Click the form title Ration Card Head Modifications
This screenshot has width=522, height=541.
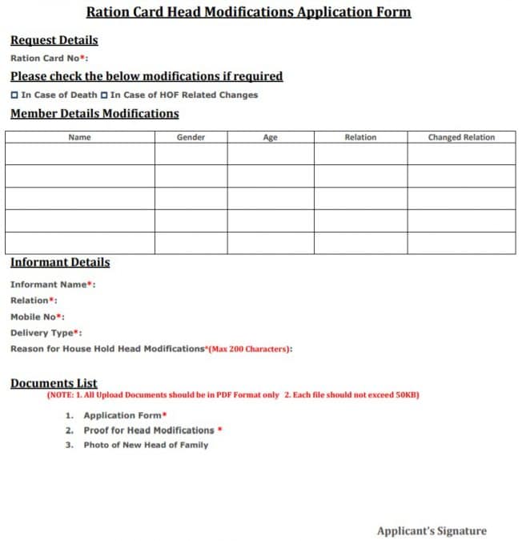pos(248,12)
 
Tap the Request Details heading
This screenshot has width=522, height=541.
pos(54,40)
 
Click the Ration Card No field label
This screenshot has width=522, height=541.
pos(49,58)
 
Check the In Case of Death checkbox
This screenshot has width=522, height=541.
pos(14,95)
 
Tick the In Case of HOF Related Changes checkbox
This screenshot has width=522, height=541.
pos(104,95)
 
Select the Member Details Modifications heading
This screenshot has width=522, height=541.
pos(94,113)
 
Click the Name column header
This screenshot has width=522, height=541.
pos(80,137)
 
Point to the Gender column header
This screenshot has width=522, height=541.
pos(191,137)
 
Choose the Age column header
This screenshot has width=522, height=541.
pos(270,137)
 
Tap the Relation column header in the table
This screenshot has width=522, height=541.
pos(360,137)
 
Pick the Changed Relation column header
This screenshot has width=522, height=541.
pos(461,137)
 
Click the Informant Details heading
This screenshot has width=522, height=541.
pos(60,262)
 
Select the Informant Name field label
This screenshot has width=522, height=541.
pos(53,285)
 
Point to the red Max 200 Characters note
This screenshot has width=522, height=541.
pos(251,349)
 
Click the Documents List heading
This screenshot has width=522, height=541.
pos(54,383)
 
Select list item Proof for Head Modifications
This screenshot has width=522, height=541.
pos(149,430)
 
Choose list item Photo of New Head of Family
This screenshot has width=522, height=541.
pos(146,445)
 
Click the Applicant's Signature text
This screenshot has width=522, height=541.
pos(432,531)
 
